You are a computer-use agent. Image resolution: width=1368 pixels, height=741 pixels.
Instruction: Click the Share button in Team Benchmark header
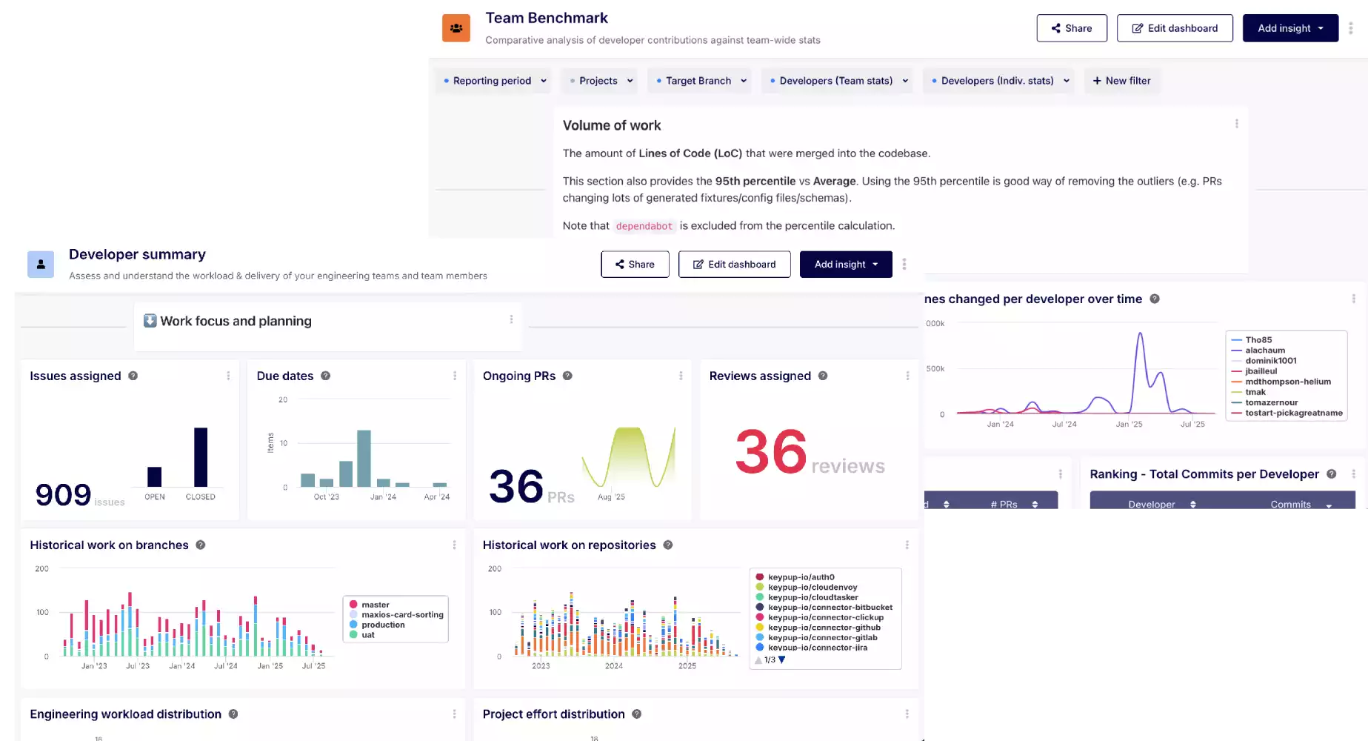coord(1071,28)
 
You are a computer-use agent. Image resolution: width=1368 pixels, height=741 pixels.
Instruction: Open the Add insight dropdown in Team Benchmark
coord(1289,28)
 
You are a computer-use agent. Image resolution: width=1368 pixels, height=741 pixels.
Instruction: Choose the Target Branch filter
coord(698,81)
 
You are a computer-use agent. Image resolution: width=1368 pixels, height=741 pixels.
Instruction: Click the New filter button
coord(1121,81)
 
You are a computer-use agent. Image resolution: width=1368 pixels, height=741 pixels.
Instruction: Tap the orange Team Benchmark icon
coord(456,28)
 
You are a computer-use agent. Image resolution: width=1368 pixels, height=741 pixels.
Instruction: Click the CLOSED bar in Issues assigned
coord(201,456)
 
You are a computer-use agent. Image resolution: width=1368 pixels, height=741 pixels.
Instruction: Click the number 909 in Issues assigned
coord(64,494)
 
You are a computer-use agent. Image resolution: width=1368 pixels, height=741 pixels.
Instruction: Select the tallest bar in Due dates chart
coord(364,458)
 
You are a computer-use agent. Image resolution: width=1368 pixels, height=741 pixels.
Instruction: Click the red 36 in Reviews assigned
coord(770,451)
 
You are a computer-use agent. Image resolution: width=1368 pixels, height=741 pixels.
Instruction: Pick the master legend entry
coord(375,605)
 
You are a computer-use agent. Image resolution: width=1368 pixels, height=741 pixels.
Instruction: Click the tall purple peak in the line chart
coord(1140,336)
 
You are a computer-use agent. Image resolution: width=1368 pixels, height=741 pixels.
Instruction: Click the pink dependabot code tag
coord(644,226)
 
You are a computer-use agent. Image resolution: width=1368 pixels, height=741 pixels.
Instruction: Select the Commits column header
coord(1290,504)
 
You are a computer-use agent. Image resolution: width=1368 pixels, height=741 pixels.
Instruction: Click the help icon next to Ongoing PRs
coord(567,376)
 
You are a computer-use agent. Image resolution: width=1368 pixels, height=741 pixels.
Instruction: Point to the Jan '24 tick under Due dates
coord(383,496)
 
